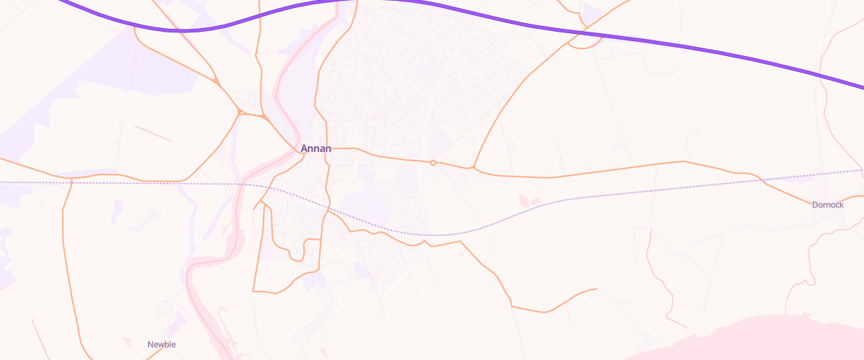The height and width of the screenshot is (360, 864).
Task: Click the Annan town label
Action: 316,149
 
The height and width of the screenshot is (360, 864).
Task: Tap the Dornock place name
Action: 827,205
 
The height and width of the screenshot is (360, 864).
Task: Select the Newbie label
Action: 161,345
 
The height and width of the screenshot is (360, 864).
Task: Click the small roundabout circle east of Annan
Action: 433,163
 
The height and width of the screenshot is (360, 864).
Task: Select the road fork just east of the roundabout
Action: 473,168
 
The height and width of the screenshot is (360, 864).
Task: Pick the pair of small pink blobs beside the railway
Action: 529,199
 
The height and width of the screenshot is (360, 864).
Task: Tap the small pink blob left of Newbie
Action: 127,341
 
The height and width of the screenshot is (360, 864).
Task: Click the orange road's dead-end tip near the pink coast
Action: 597,289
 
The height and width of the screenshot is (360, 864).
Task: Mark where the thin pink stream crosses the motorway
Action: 822,75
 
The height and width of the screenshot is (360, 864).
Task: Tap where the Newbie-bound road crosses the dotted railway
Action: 71,183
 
